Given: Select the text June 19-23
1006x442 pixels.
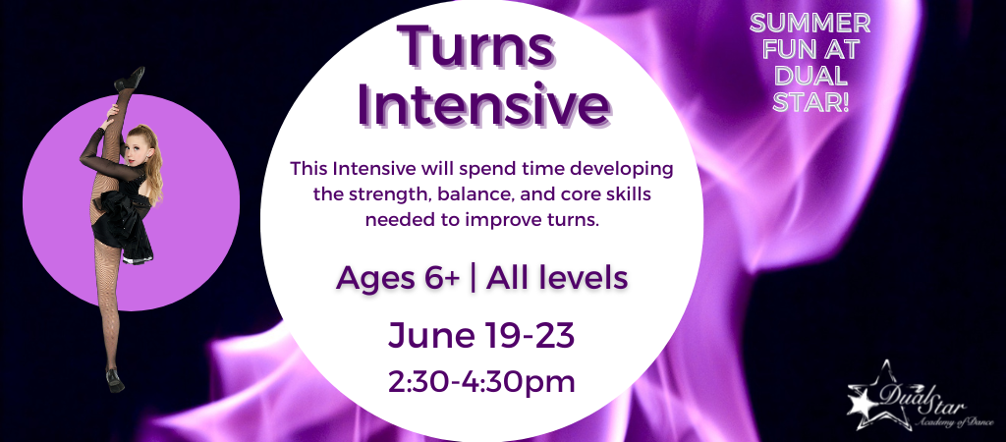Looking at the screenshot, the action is pos(481,336).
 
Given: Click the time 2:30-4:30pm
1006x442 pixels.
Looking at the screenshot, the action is pos(481,381).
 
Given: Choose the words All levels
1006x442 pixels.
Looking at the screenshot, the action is pos(556,278).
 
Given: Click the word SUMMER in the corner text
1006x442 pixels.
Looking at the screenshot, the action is pos(810,24).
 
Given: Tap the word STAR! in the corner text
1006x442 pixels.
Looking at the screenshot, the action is pos(810,102).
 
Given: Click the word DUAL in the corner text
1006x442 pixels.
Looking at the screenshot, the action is pos(810,77).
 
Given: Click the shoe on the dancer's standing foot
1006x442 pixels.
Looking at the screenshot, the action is pos(116,380).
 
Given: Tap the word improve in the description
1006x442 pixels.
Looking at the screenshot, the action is pos(518,221).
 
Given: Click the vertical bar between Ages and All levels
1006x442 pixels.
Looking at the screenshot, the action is pos(473,279).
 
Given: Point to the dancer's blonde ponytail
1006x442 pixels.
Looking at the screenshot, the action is pos(153,164).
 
